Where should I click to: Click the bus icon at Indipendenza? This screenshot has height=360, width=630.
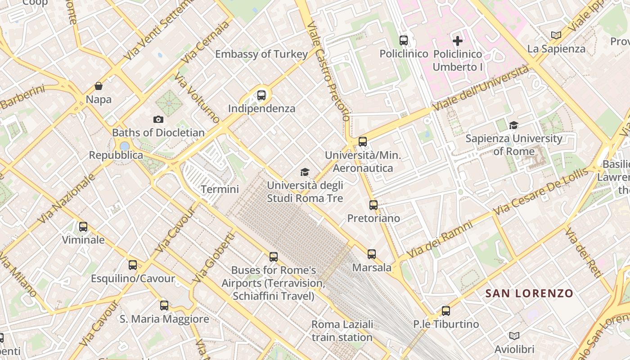[x=261, y=95]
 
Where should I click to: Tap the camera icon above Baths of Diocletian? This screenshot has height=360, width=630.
[x=158, y=119]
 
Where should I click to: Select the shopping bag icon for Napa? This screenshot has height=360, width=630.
[x=99, y=86]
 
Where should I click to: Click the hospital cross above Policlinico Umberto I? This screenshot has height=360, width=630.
[x=457, y=41]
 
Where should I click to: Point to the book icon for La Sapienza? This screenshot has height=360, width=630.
[x=556, y=35]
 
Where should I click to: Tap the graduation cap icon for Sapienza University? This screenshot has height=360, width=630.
[x=513, y=125]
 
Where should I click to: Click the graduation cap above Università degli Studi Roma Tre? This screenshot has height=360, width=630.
[x=305, y=172]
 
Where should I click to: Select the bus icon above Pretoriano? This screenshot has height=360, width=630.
[x=373, y=205]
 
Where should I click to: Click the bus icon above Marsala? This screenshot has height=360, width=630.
[x=371, y=254]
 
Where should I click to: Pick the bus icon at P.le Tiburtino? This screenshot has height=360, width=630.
[x=445, y=310]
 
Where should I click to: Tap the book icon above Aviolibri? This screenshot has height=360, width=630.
[x=514, y=336]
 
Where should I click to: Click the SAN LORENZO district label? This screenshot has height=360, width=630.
[x=529, y=294]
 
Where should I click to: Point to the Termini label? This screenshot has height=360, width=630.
[x=220, y=189]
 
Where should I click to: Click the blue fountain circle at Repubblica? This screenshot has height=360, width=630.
[x=125, y=146]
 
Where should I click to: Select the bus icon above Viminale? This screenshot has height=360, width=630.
[x=83, y=226]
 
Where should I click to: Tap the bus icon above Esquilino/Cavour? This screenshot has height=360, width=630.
[x=132, y=265]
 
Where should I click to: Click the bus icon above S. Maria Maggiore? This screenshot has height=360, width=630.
[x=164, y=305]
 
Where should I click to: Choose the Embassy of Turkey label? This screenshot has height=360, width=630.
[x=261, y=54]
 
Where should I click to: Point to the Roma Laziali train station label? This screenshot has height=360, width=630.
[x=342, y=331]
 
